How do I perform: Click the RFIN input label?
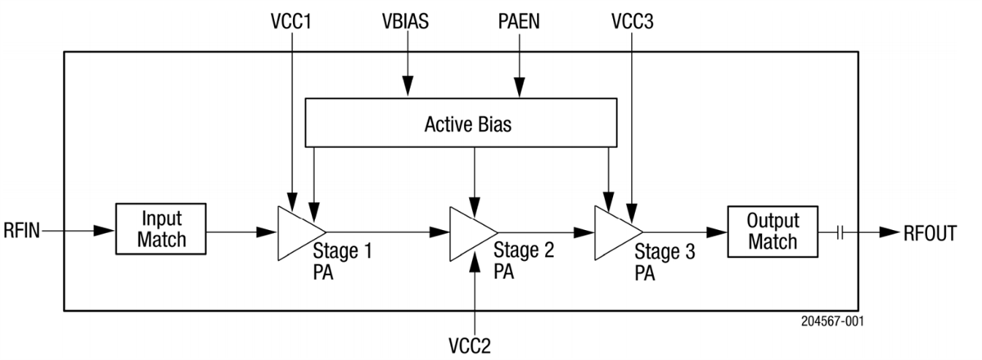20,232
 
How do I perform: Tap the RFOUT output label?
930,233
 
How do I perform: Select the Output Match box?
773,232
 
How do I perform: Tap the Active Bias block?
461,125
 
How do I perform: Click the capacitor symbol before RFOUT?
840,233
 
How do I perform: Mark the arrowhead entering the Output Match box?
718,232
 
